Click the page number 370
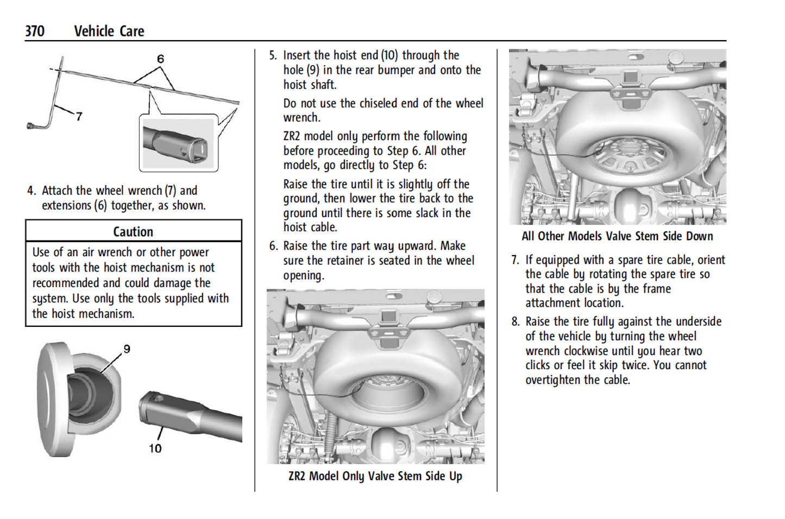(x=35, y=31)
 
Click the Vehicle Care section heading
(x=109, y=31)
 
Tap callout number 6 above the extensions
(x=160, y=59)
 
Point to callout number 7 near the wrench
(x=79, y=116)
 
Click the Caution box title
(x=133, y=232)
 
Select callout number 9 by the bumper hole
(x=127, y=349)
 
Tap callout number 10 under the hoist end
(x=155, y=448)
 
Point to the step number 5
(x=273, y=55)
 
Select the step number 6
(x=273, y=246)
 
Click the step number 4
(x=32, y=191)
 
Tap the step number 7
(x=514, y=260)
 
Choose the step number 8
(x=515, y=321)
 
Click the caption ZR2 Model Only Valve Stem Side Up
(x=375, y=476)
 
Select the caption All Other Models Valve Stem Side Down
(x=617, y=236)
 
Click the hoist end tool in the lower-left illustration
(x=185, y=415)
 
